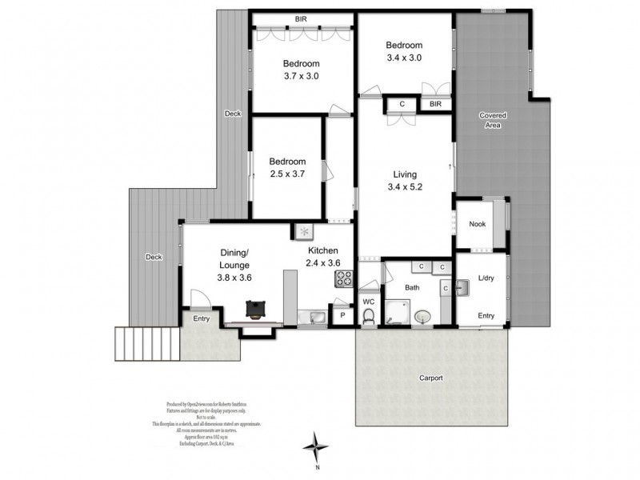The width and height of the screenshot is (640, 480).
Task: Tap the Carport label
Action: click(430, 378)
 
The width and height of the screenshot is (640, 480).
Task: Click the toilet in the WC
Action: click(369, 318)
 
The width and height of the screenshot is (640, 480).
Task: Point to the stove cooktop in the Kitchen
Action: click(345, 279)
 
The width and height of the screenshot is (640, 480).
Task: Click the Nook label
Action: click(478, 225)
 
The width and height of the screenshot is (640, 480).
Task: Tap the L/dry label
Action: click(486, 278)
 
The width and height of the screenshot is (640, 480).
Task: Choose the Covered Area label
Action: click(493, 120)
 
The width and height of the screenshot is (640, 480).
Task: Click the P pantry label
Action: click(342, 316)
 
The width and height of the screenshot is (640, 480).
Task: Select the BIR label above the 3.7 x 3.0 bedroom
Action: click(301, 19)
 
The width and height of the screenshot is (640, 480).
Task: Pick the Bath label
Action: click(412, 286)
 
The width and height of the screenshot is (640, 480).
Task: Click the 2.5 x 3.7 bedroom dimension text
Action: click(287, 174)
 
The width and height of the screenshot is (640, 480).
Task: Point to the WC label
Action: click(369, 302)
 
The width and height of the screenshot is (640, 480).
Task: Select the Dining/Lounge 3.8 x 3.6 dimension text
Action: click(234, 278)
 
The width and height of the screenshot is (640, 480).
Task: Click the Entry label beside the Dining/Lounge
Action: click(202, 319)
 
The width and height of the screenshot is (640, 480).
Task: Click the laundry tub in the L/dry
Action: click(462, 286)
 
